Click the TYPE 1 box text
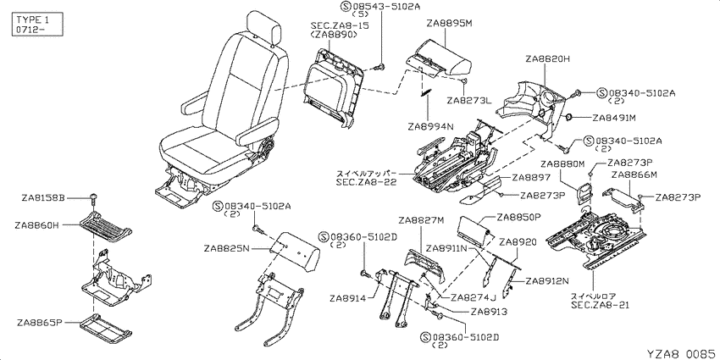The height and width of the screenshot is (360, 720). [32, 20]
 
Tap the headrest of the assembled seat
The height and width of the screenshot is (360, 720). [263, 28]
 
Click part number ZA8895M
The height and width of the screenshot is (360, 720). [449, 23]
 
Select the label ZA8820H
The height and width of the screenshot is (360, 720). [548, 58]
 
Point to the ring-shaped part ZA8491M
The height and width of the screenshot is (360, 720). [568, 118]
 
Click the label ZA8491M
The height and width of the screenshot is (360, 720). [614, 118]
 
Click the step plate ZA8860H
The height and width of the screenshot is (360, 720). [106, 226]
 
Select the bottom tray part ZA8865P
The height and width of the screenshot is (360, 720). [106, 329]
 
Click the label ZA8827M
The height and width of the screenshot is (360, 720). [421, 220]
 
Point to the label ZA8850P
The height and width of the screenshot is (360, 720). [520, 216]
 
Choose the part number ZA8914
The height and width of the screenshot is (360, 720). [347, 298]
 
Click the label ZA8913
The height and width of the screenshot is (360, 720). [489, 312]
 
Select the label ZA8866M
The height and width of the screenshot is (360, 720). [634, 174]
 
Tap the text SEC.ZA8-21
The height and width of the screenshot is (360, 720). [601, 304]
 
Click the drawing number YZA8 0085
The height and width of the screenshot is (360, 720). [681, 353]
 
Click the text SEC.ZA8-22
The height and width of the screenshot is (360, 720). [365, 182]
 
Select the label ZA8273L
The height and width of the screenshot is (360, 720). [468, 100]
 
